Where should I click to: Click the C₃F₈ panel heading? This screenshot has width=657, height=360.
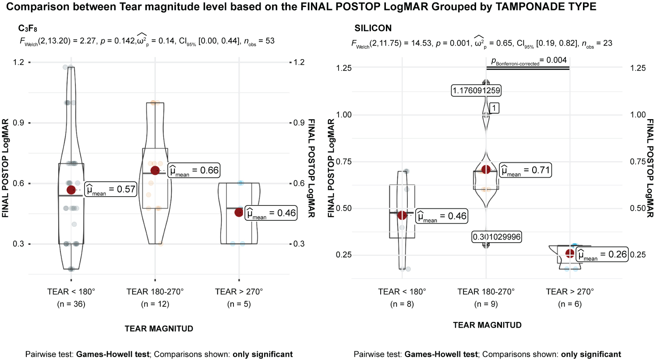point(28,29)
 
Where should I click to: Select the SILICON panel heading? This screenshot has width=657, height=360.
point(373,28)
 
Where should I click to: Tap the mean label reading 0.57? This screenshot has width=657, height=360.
point(110,189)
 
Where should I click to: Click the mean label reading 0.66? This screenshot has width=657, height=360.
point(194,170)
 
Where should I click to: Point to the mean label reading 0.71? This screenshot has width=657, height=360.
point(525,170)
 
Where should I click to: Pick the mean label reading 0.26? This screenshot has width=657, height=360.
point(602,254)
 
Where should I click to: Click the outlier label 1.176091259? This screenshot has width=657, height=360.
point(476,91)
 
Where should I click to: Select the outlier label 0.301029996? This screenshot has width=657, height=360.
point(496,237)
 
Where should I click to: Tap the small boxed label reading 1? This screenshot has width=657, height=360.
point(494,108)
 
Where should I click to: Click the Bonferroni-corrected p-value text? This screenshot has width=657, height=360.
point(529,60)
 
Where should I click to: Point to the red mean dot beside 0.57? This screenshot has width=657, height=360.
point(71,190)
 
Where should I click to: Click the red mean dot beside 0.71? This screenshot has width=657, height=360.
point(486,169)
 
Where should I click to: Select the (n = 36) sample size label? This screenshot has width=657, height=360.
point(71,304)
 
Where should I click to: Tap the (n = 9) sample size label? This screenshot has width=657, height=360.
point(486,304)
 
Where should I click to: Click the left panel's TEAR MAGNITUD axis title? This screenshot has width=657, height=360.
point(159,328)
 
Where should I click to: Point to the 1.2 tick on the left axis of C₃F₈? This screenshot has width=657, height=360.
point(18,62)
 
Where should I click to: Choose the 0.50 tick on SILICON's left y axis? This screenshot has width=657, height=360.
point(344,208)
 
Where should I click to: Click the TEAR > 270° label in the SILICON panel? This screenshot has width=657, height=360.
point(569,292)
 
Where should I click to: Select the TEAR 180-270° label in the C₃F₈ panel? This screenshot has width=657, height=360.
point(155,292)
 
